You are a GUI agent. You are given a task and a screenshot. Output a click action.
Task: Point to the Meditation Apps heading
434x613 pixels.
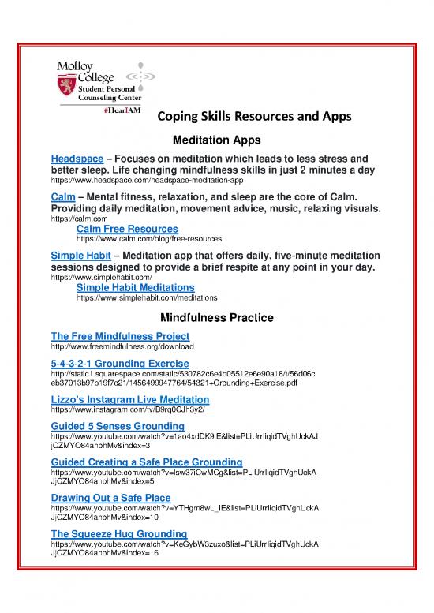(x=216, y=140)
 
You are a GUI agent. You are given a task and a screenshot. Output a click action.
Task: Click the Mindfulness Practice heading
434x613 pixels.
(x=216, y=318)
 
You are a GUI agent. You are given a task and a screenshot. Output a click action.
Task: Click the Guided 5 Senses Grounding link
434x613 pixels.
(x=118, y=426)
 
